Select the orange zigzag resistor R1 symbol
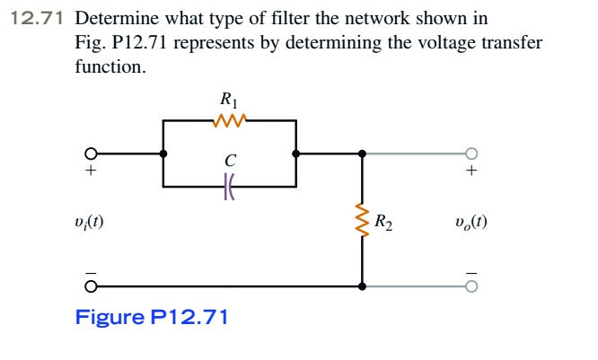tap(230, 120)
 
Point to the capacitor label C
tap(230, 162)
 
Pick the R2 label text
tap(383, 221)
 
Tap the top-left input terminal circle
tap(90, 154)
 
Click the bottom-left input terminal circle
tap(90, 287)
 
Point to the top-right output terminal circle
tap(471, 154)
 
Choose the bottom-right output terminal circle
tap(471, 287)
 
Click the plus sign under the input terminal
tap(90, 171)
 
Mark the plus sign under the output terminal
tap(471, 171)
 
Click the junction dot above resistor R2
tap(363, 154)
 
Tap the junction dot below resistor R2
tap(363, 287)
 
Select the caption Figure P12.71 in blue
tap(151, 317)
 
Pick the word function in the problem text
tap(109, 67)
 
